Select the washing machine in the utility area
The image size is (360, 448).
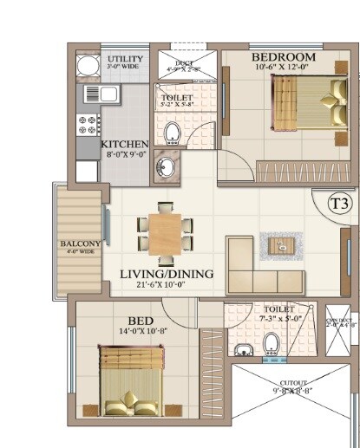[x=87, y=68]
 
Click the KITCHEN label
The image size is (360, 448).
[x=125, y=144]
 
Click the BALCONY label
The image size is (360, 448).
[x=81, y=244]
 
